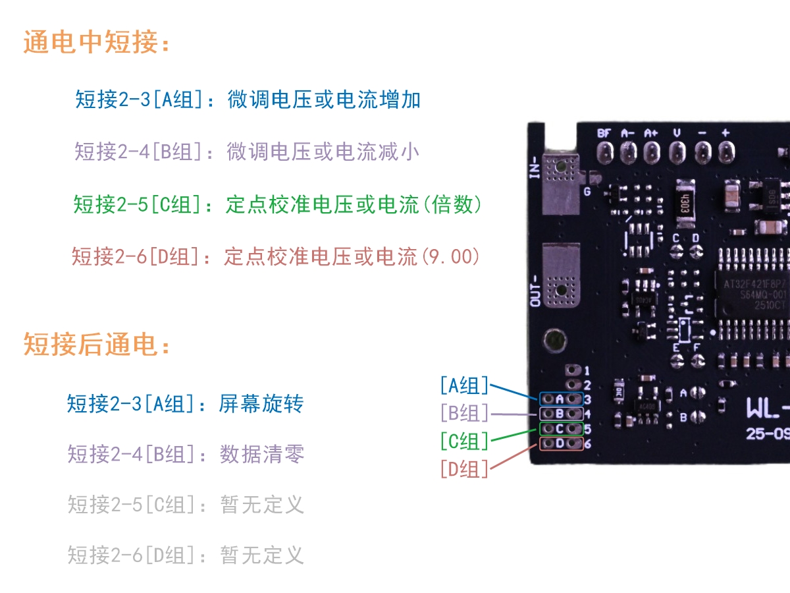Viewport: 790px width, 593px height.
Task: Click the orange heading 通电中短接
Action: point(97,43)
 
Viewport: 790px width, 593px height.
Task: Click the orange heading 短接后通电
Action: point(97,344)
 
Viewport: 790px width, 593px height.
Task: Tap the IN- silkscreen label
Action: point(534,167)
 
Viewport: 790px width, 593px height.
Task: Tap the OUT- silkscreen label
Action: point(534,290)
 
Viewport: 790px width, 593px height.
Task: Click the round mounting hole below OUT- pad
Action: point(555,340)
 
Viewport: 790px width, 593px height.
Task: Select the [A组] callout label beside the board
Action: point(465,385)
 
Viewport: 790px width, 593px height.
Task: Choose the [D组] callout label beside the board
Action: point(465,468)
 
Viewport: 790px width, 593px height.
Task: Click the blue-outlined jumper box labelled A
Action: point(561,399)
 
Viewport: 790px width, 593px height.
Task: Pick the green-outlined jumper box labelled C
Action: point(561,429)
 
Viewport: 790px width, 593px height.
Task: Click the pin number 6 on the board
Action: point(587,444)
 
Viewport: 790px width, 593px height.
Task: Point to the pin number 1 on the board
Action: point(587,372)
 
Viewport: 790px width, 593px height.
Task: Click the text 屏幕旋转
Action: point(261,403)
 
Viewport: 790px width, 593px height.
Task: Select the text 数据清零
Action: point(261,454)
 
